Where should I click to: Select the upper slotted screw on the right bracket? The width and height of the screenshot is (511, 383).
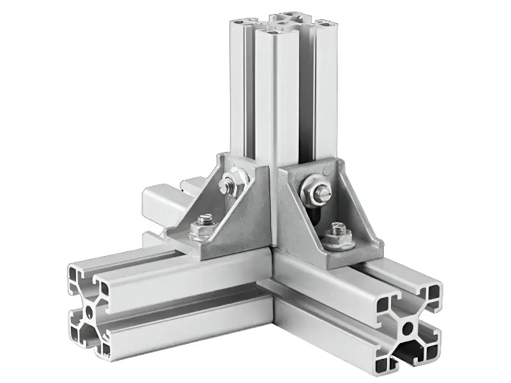coord(317,190)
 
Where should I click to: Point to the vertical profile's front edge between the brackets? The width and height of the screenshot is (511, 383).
coord(276,191)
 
